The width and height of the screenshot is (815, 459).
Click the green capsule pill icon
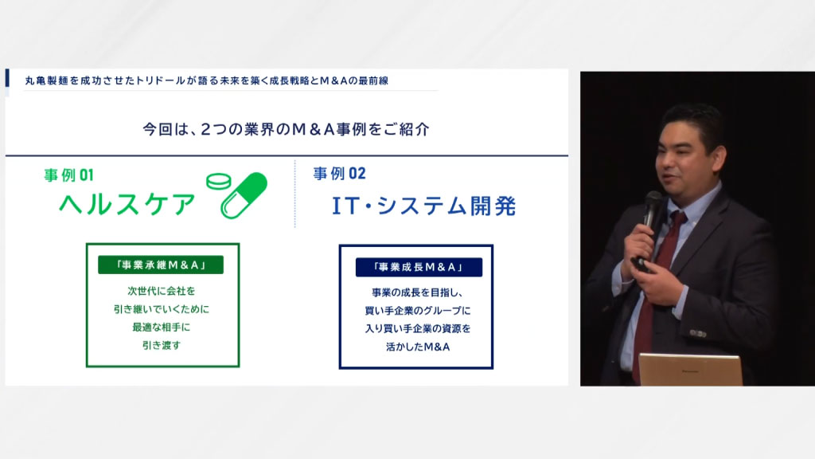(x=244, y=196)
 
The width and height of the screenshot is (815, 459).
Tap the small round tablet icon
(x=219, y=181)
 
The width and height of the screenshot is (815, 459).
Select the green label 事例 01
(x=68, y=175)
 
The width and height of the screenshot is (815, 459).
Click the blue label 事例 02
(x=339, y=173)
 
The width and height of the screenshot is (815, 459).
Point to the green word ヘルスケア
(x=127, y=203)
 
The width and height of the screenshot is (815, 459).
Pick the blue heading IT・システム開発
(x=423, y=206)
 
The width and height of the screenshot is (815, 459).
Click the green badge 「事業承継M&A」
(x=161, y=265)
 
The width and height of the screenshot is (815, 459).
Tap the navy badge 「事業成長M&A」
(x=419, y=268)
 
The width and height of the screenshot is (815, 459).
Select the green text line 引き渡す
(x=161, y=345)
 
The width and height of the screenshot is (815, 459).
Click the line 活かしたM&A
(x=418, y=347)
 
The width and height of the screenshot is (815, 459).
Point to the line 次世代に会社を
(x=161, y=291)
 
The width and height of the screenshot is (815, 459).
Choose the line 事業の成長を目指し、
(x=417, y=292)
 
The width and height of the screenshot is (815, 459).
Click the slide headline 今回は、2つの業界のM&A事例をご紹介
(x=286, y=129)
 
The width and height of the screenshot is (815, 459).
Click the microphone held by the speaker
(x=649, y=218)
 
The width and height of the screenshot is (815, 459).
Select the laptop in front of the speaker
(x=690, y=370)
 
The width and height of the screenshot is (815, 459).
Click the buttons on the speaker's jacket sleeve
(x=697, y=333)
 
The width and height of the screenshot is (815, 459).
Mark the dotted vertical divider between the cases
(x=294, y=194)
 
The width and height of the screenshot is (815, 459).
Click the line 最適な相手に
(x=161, y=328)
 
